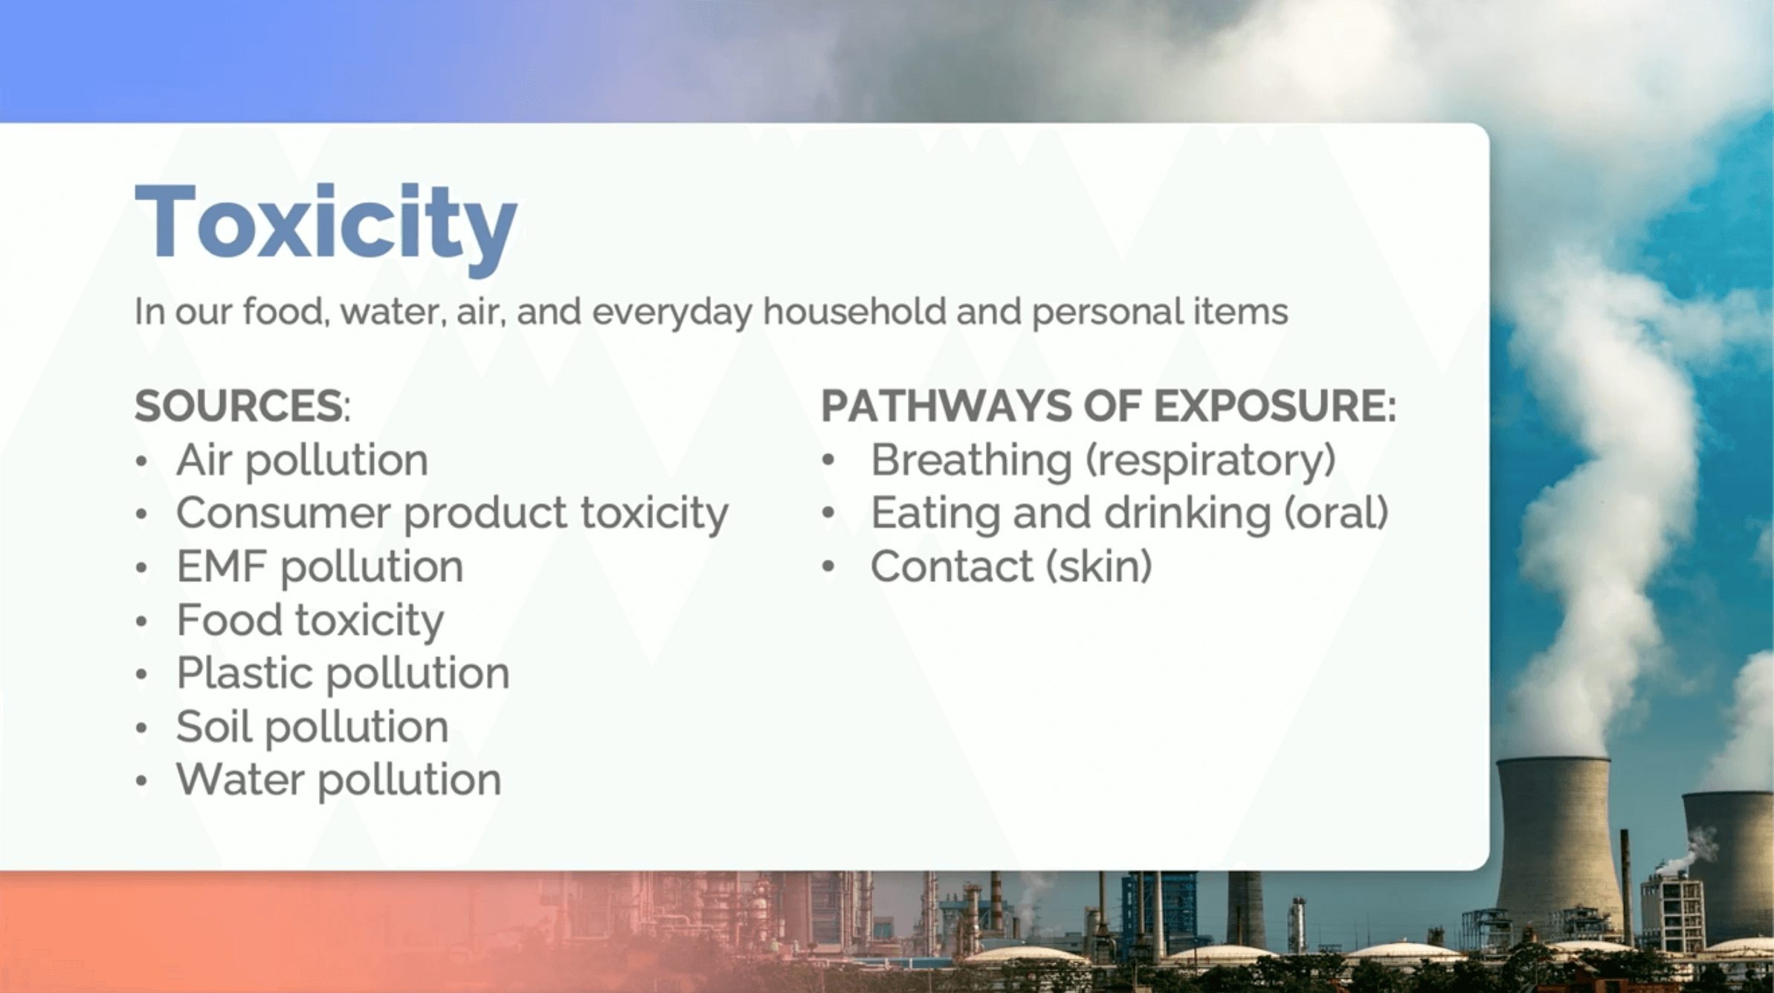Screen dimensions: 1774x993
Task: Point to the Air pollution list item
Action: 302,462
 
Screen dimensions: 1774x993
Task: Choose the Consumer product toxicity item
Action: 452,514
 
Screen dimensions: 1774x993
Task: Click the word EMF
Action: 221,566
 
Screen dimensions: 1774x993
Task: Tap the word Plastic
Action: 245,673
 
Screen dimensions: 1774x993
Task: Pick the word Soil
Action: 214,726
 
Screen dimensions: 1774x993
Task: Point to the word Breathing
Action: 971,462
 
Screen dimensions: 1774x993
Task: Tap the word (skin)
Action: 1099,567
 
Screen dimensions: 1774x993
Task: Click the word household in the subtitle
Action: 854,311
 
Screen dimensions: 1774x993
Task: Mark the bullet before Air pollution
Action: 142,462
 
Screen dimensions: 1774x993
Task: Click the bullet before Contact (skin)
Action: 828,568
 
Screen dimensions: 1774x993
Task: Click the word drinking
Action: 1187,514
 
